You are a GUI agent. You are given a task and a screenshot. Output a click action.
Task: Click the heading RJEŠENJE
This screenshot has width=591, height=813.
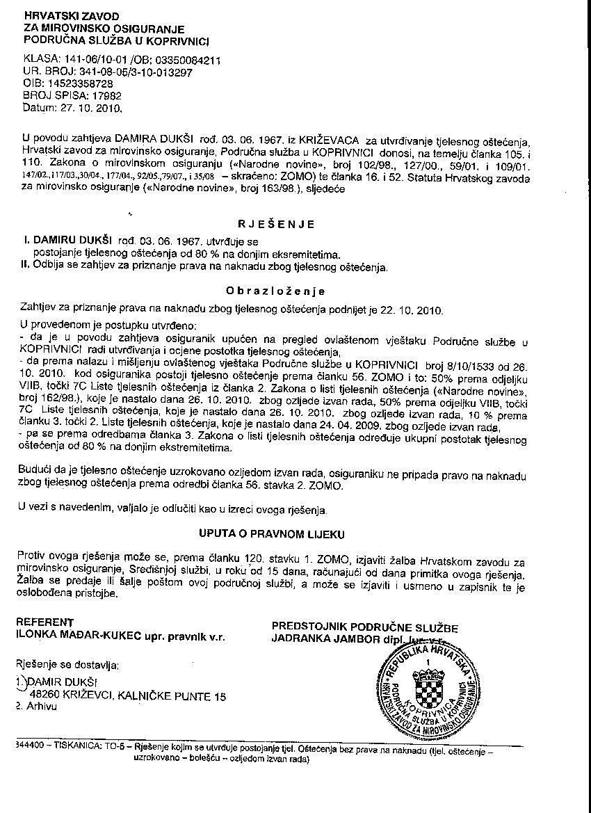pos(276,224)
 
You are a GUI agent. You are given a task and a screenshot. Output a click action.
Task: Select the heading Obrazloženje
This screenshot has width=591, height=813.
pos(276,291)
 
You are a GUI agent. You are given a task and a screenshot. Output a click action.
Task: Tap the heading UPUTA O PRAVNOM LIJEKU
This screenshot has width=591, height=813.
pos(272,534)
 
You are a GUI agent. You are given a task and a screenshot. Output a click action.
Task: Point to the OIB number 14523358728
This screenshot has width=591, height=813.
pos(79,83)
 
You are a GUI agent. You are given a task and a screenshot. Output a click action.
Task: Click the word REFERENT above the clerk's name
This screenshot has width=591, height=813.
pos(45,621)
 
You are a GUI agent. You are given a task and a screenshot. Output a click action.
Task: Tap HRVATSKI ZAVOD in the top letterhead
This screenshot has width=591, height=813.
pos(71,15)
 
